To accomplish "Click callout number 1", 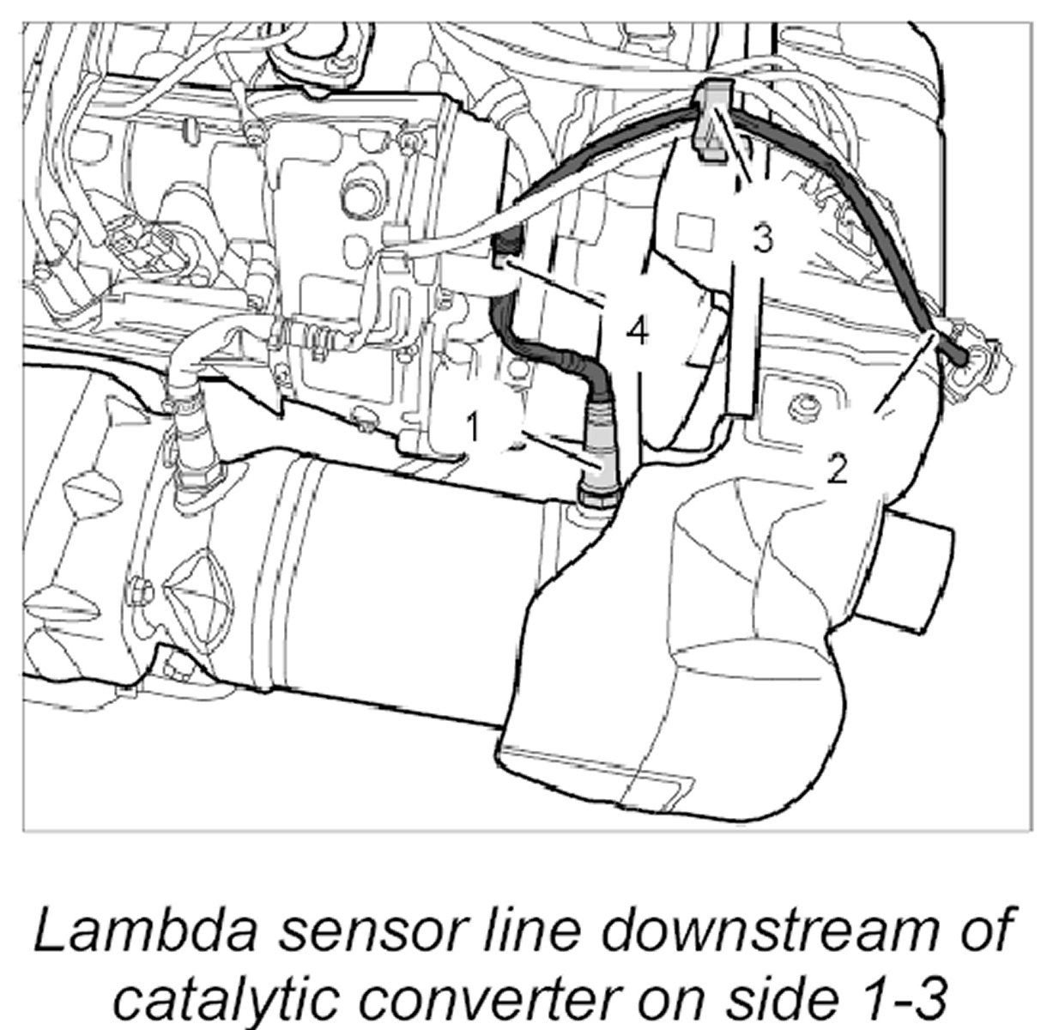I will (x=471, y=425).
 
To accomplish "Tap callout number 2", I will (x=838, y=469).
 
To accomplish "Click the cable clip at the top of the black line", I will (x=711, y=119).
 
